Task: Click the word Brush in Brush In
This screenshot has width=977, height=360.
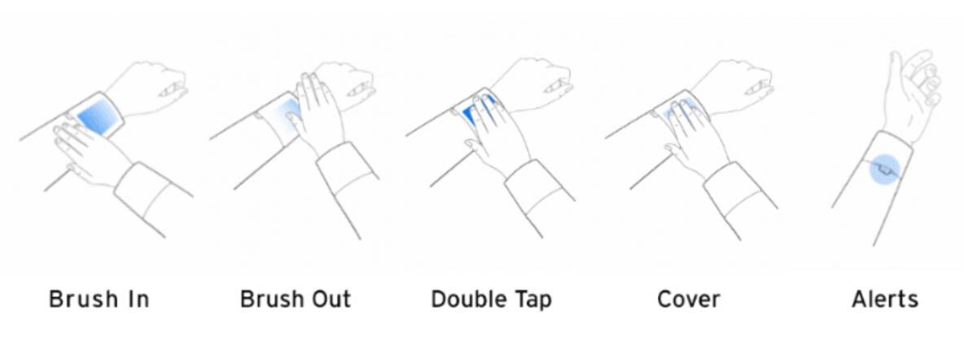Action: (83, 300)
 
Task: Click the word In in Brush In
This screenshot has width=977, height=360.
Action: (138, 300)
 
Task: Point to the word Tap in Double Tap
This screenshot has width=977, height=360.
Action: (534, 301)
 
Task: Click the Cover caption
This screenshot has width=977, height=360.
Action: (689, 300)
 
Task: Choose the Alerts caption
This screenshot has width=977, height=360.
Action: (885, 300)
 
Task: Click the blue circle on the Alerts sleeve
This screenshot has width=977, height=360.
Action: (885, 169)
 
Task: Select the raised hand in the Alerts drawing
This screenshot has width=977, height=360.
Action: (912, 94)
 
